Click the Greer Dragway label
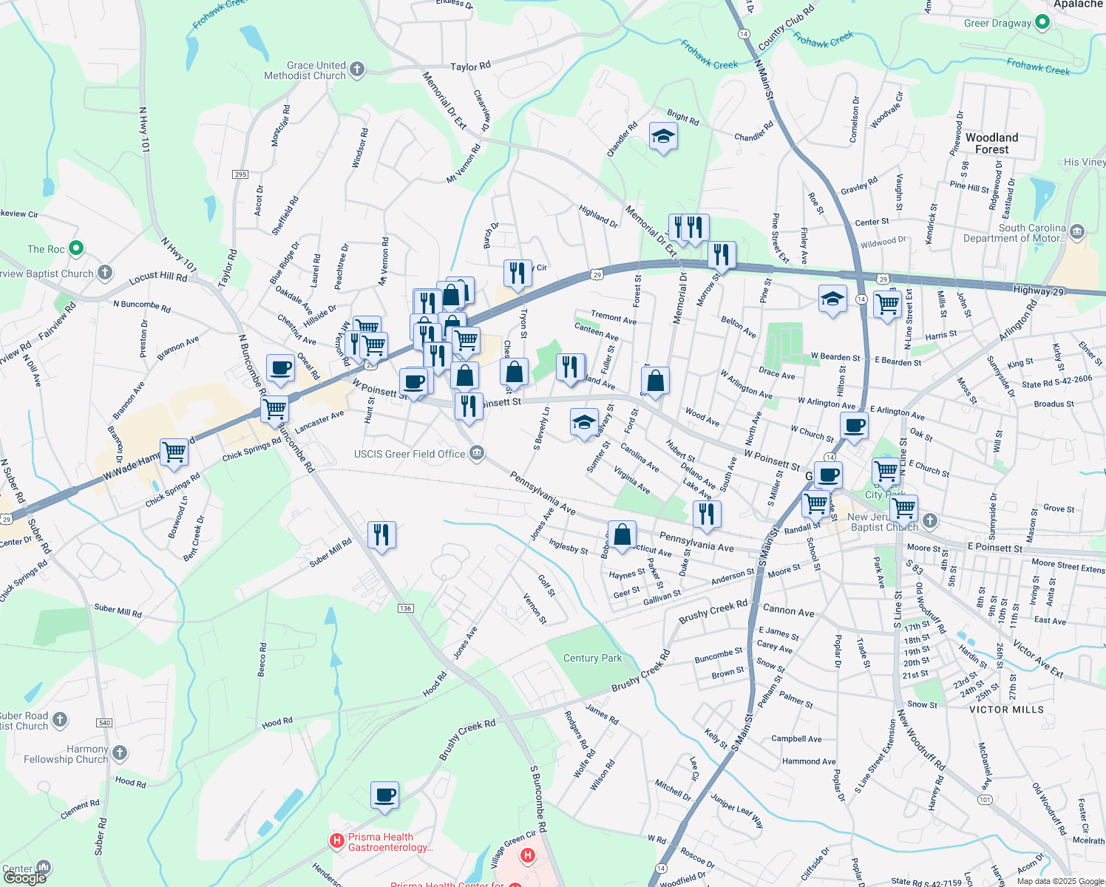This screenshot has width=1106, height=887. tap(997, 23)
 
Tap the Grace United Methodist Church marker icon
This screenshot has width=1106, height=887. tap(357, 70)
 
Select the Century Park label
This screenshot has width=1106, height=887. tap(592, 658)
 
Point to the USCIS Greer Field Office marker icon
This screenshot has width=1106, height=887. tap(477, 453)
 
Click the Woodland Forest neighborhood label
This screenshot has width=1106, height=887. tap(991, 143)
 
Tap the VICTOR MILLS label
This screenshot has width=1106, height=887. tap(1006, 710)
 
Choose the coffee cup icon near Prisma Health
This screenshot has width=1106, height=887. tap(384, 795)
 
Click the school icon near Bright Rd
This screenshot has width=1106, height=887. tap(663, 136)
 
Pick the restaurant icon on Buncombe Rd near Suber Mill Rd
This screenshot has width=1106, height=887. tap(381, 534)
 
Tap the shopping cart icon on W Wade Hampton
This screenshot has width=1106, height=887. tap(174, 451)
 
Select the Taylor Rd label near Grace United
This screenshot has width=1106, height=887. tap(470, 67)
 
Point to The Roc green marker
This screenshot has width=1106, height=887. tap(76, 248)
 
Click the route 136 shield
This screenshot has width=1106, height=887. tap(405, 608)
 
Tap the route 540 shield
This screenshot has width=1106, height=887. tap(104, 723)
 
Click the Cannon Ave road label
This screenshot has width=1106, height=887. tap(788, 611)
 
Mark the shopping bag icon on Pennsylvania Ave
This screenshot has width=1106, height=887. tap(622, 534)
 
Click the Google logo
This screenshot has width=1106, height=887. tap(25, 878)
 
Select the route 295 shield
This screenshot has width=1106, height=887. tap(240, 174)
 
